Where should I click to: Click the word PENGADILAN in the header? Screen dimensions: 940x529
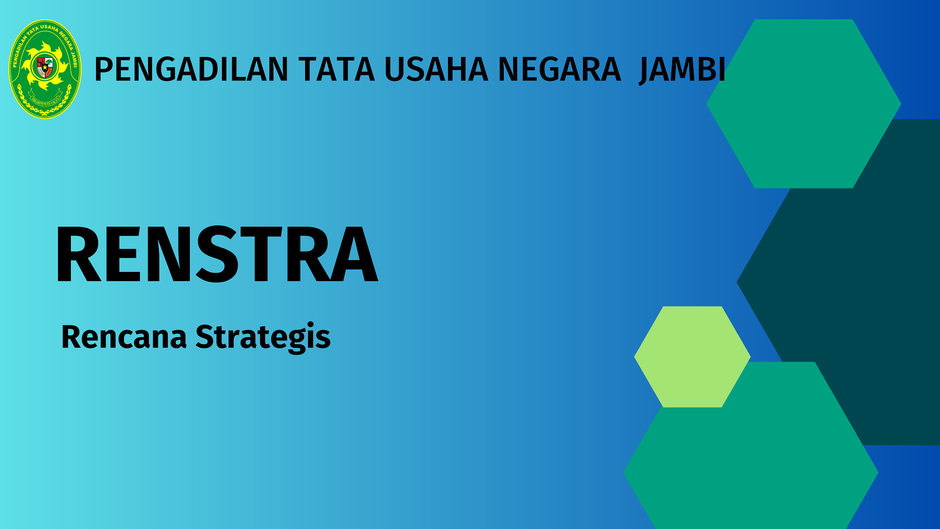pyautogui.click(x=191, y=69)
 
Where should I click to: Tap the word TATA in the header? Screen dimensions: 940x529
pyautogui.click(x=337, y=69)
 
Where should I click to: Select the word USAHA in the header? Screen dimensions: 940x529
pyautogui.click(x=437, y=69)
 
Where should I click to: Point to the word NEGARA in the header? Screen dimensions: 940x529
pyautogui.click(x=559, y=69)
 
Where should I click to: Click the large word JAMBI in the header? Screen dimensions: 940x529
pyautogui.click(x=682, y=71)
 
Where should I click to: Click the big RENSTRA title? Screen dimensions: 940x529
pyautogui.click(x=217, y=254)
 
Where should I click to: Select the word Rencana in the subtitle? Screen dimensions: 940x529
pyautogui.click(x=124, y=337)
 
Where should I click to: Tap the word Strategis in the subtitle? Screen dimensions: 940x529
pyautogui.click(x=263, y=337)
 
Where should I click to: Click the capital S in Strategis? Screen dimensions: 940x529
pyautogui.click(x=205, y=336)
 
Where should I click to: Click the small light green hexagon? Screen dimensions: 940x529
pyautogui.click(x=692, y=357)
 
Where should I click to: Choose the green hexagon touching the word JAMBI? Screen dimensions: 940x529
pyautogui.click(x=804, y=104)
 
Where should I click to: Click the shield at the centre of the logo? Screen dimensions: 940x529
pyautogui.click(x=45, y=67)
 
